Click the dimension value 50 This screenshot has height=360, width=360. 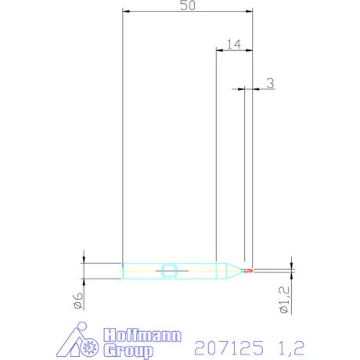click(188, 5)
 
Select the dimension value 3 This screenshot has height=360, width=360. click(269, 82)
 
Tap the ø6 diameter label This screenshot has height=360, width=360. click(79, 301)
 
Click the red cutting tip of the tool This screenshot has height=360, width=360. click(249, 272)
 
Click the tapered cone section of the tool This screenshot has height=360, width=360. click(229, 272)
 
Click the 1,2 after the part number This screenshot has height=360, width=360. click(289, 345)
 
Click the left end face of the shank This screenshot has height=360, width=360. click(124, 272)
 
